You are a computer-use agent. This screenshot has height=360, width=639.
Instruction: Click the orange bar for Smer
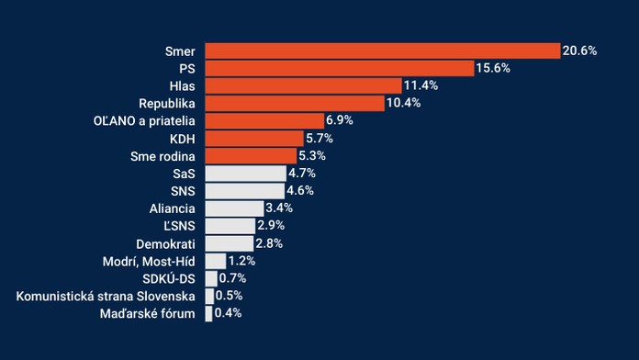[382, 51]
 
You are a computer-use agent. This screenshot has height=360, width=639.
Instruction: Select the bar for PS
[339, 68]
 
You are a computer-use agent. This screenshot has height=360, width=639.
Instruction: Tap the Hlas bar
[303, 85]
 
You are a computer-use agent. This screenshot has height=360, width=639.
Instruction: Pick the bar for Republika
[295, 103]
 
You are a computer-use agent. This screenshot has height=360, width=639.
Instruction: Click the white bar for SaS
[245, 174]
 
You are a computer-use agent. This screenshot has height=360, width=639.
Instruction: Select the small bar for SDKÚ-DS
[211, 278]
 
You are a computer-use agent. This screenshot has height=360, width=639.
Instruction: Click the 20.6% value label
[579, 51]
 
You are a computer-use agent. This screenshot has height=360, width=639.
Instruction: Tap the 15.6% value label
[493, 68]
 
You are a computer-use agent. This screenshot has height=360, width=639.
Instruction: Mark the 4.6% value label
[305, 191]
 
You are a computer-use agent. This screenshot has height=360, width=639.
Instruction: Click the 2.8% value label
[268, 243]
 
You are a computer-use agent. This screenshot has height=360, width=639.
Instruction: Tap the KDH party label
[183, 139]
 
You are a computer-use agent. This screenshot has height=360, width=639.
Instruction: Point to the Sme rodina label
[164, 156]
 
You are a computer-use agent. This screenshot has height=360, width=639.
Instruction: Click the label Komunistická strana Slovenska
[106, 297]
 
